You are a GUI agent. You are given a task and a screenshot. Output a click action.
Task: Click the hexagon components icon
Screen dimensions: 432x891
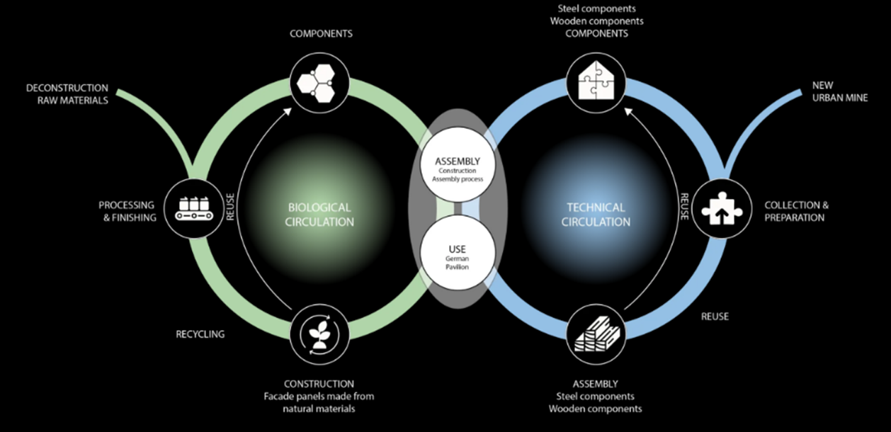point(319,84)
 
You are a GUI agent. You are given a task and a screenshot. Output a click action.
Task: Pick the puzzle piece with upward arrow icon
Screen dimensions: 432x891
point(721,208)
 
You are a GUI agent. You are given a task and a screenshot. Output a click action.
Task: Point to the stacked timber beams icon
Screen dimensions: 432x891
point(597,333)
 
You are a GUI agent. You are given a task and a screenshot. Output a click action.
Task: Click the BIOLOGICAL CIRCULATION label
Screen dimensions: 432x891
point(319,215)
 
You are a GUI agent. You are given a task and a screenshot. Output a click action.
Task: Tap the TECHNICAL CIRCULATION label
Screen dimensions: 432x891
point(596,215)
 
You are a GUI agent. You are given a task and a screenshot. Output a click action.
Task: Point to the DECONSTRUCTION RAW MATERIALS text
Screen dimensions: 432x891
point(67,94)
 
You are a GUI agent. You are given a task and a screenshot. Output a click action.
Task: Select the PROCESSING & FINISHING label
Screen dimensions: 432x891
point(127,211)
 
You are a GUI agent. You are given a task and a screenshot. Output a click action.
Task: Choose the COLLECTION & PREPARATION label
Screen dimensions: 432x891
point(796,211)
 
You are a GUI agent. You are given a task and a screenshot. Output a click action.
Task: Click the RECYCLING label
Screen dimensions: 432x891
point(200,334)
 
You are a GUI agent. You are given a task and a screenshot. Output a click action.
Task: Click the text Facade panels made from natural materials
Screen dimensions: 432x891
point(319,402)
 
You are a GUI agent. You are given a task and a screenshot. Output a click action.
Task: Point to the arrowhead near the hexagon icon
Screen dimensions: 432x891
point(287,110)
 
